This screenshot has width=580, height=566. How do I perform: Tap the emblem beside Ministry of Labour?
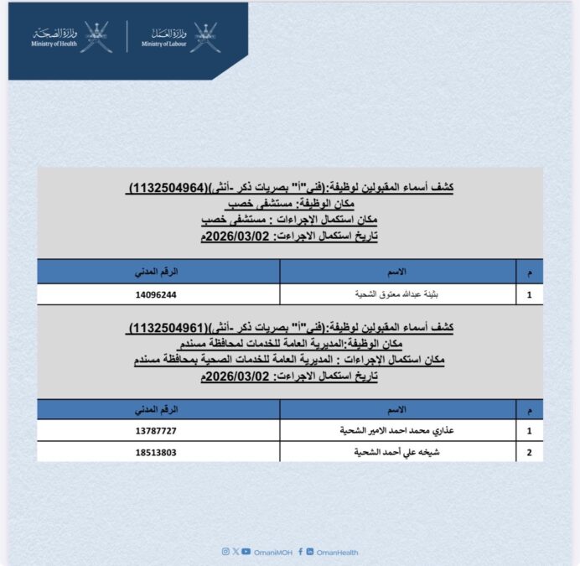(206, 37)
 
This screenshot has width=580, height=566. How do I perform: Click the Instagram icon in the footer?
(225, 551)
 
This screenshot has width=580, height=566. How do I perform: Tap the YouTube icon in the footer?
(246, 551)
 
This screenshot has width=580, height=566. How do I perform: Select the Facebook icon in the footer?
(301, 551)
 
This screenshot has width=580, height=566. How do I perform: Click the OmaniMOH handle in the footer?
(272, 551)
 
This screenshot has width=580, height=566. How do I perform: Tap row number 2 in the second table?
(528, 452)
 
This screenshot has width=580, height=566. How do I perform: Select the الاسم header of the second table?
(396, 410)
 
